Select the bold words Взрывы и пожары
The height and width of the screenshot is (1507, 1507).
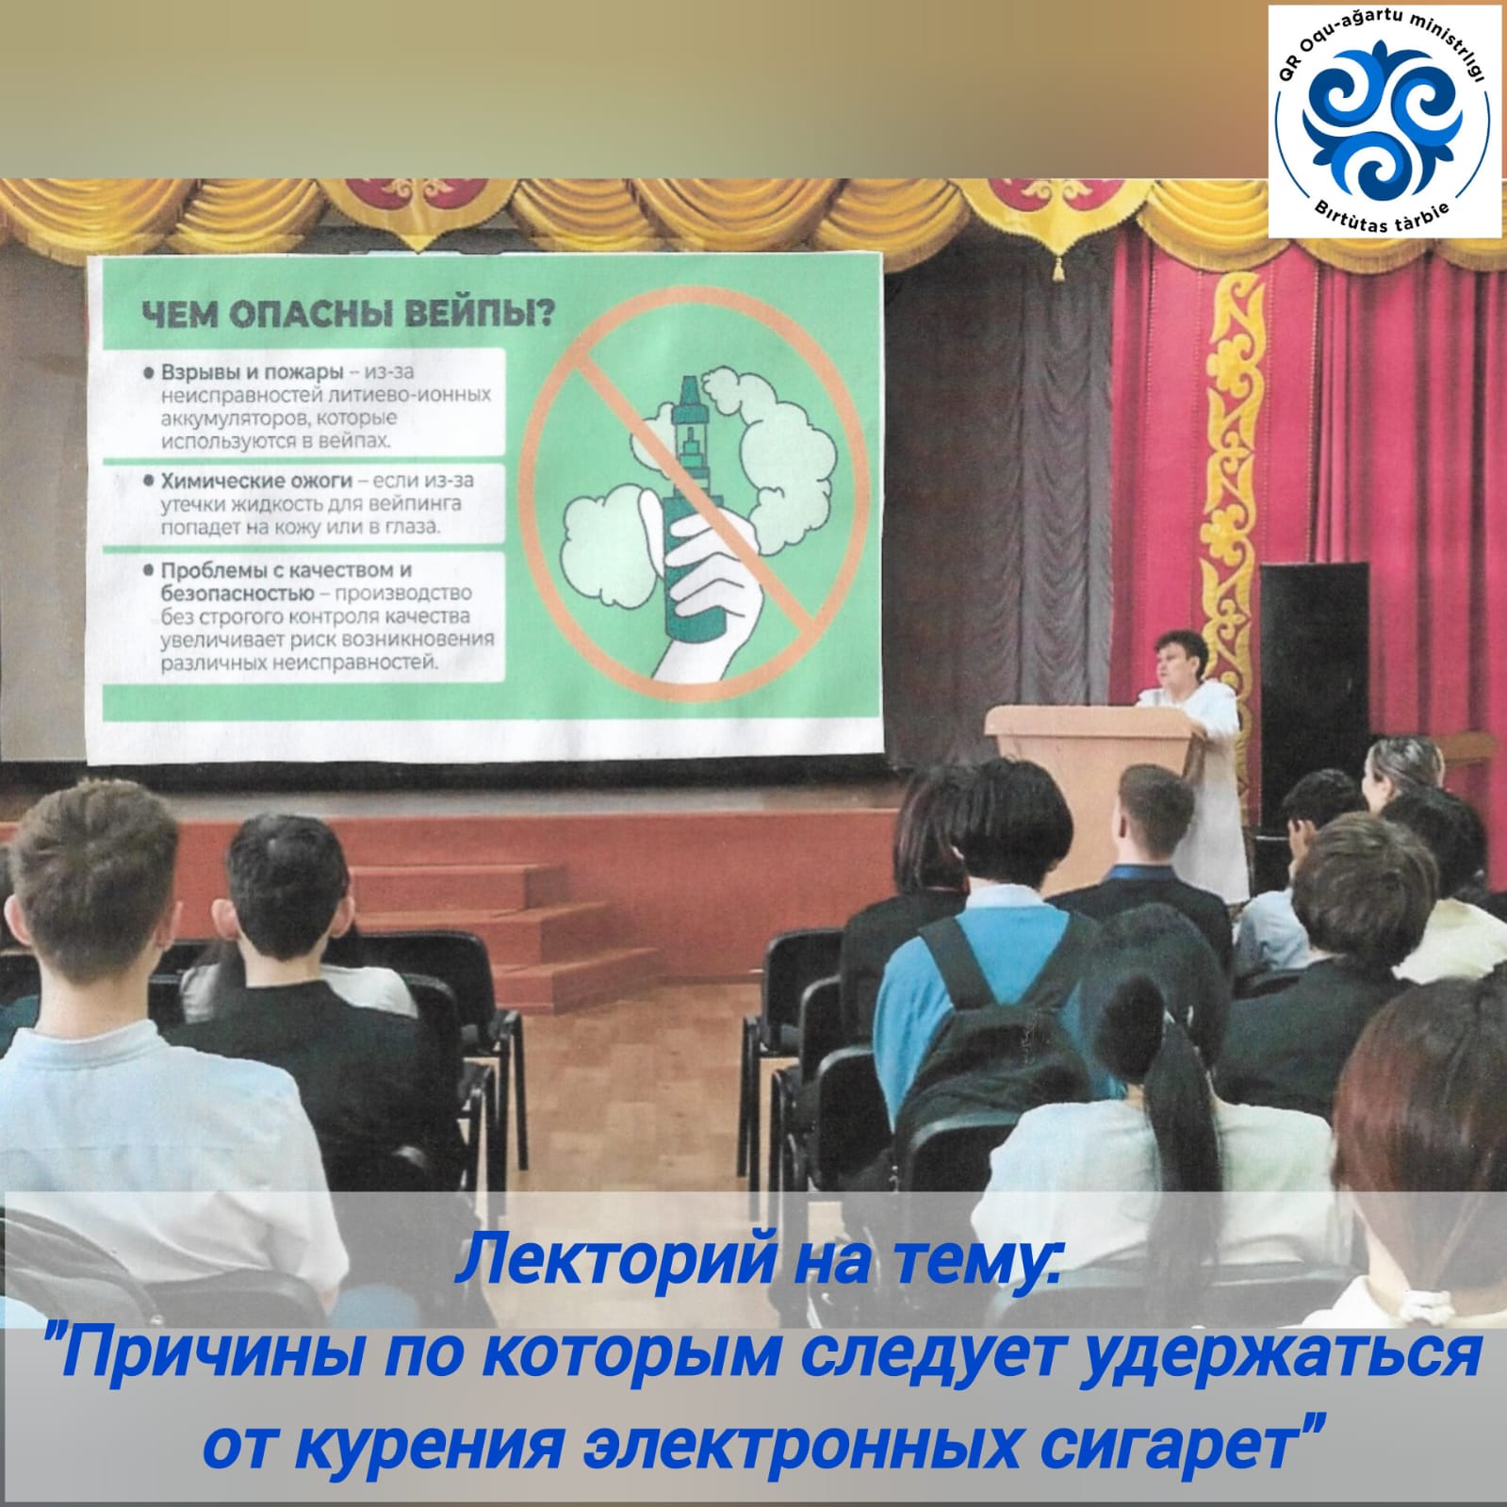(x=252, y=371)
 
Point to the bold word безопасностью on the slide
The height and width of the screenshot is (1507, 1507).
(x=237, y=594)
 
